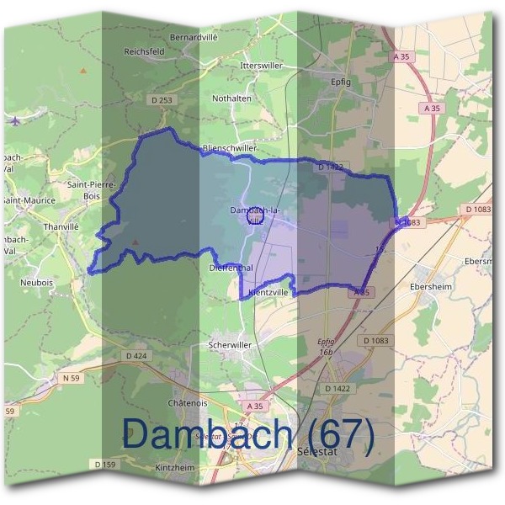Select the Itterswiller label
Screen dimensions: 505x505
click(261, 65)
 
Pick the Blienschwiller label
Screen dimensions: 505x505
click(230, 149)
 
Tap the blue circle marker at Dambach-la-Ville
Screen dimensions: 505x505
click(256, 217)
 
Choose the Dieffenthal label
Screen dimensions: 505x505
click(231, 268)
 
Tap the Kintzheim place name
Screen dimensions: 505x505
click(175, 467)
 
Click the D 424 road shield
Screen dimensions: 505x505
click(136, 356)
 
